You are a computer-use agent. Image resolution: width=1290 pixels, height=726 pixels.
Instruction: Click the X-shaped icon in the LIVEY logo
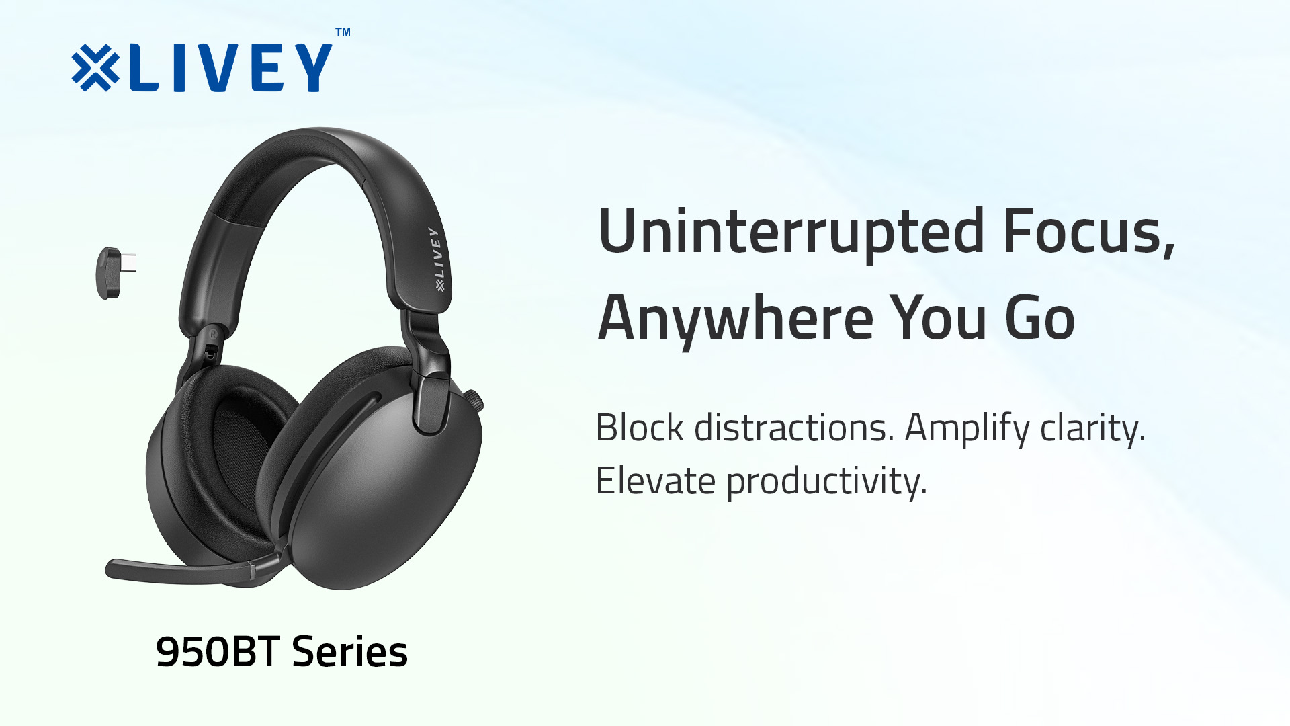(x=95, y=68)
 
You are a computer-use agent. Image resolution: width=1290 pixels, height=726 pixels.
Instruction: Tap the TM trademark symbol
(x=343, y=32)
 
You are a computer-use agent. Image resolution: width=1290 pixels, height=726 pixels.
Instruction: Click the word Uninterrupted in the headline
(x=791, y=232)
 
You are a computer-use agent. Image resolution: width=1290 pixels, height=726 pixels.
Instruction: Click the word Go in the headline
(x=1039, y=319)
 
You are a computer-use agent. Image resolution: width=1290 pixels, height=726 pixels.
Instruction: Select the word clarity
(x=1092, y=429)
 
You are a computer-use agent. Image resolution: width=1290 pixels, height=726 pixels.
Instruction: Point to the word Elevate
(x=655, y=481)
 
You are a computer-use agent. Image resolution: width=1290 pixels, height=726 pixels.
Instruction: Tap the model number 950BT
(x=217, y=651)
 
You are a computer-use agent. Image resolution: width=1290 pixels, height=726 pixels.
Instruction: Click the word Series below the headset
(x=349, y=651)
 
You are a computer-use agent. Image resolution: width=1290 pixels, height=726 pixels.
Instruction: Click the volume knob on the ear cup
(x=475, y=401)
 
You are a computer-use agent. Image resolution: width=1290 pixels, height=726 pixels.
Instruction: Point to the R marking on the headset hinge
(x=213, y=333)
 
